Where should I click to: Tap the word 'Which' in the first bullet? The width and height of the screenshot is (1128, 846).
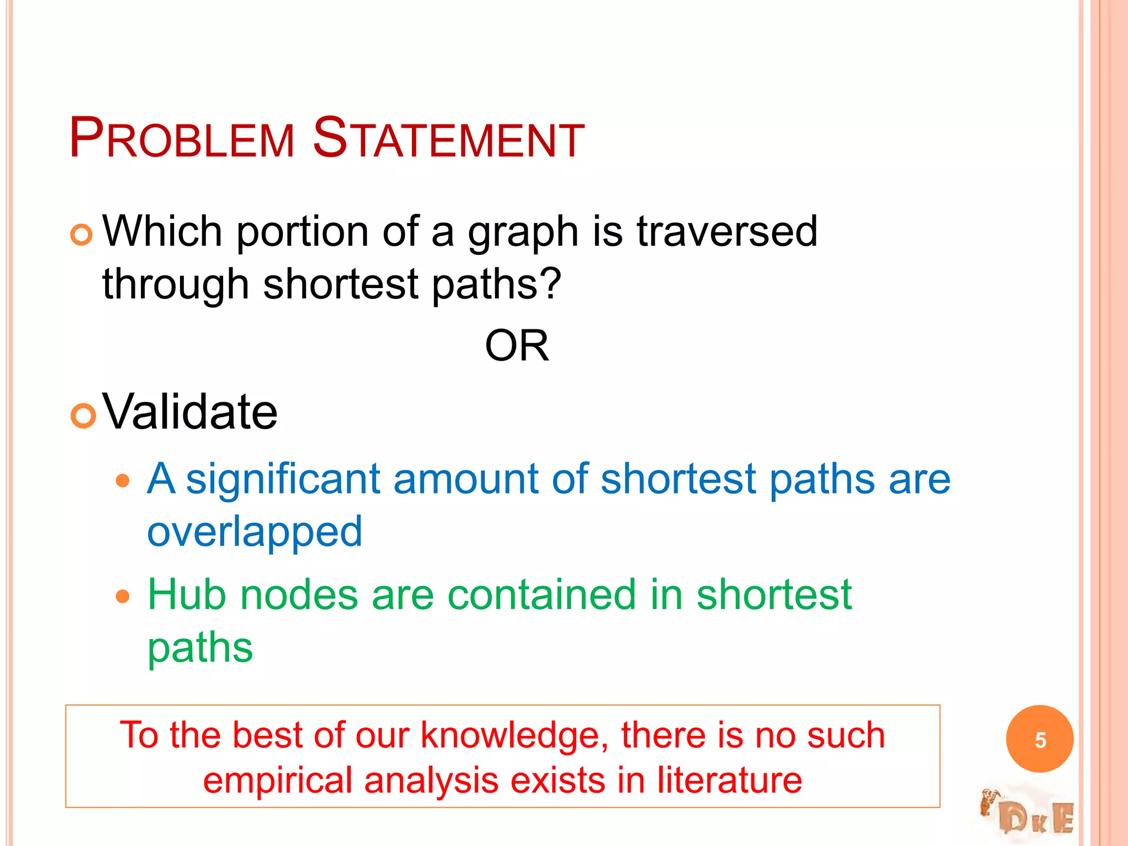pyautogui.click(x=162, y=231)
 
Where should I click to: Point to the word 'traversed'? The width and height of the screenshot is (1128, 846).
pyautogui.click(x=727, y=231)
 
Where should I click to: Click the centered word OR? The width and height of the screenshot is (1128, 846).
pyautogui.click(x=517, y=346)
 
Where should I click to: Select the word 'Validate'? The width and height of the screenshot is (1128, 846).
pyautogui.click(x=190, y=412)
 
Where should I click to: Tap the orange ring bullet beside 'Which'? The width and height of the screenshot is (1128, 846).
pyautogui.click(x=82, y=235)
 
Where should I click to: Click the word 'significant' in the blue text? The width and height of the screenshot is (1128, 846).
pyautogui.click(x=283, y=479)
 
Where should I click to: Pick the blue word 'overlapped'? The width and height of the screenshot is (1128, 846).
pyautogui.click(x=254, y=532)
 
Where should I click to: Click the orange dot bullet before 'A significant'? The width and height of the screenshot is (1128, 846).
pyautogui.click(x=123, y=481)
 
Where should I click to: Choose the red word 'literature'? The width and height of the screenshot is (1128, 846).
pyautogui.click(x=729, y=781)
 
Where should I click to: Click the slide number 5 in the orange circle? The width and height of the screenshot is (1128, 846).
pyautogui.click(x=1040, y=740)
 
